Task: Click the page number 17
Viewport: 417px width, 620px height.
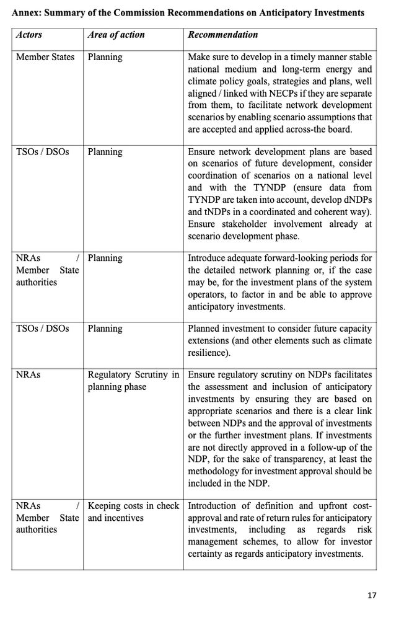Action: click(x=371, y=595)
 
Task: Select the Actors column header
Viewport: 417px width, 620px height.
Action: click(x=29, y=35)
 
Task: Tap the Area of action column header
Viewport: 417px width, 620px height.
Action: click(x=116, y=35)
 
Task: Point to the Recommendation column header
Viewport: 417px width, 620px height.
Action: click(x=223, y=35)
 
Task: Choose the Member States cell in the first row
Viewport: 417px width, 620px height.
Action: click(x=45, y=57)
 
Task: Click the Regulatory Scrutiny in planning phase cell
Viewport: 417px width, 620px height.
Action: click(x=133, y=381)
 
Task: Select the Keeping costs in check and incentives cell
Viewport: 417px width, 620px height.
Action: click(x=133, y=511)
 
